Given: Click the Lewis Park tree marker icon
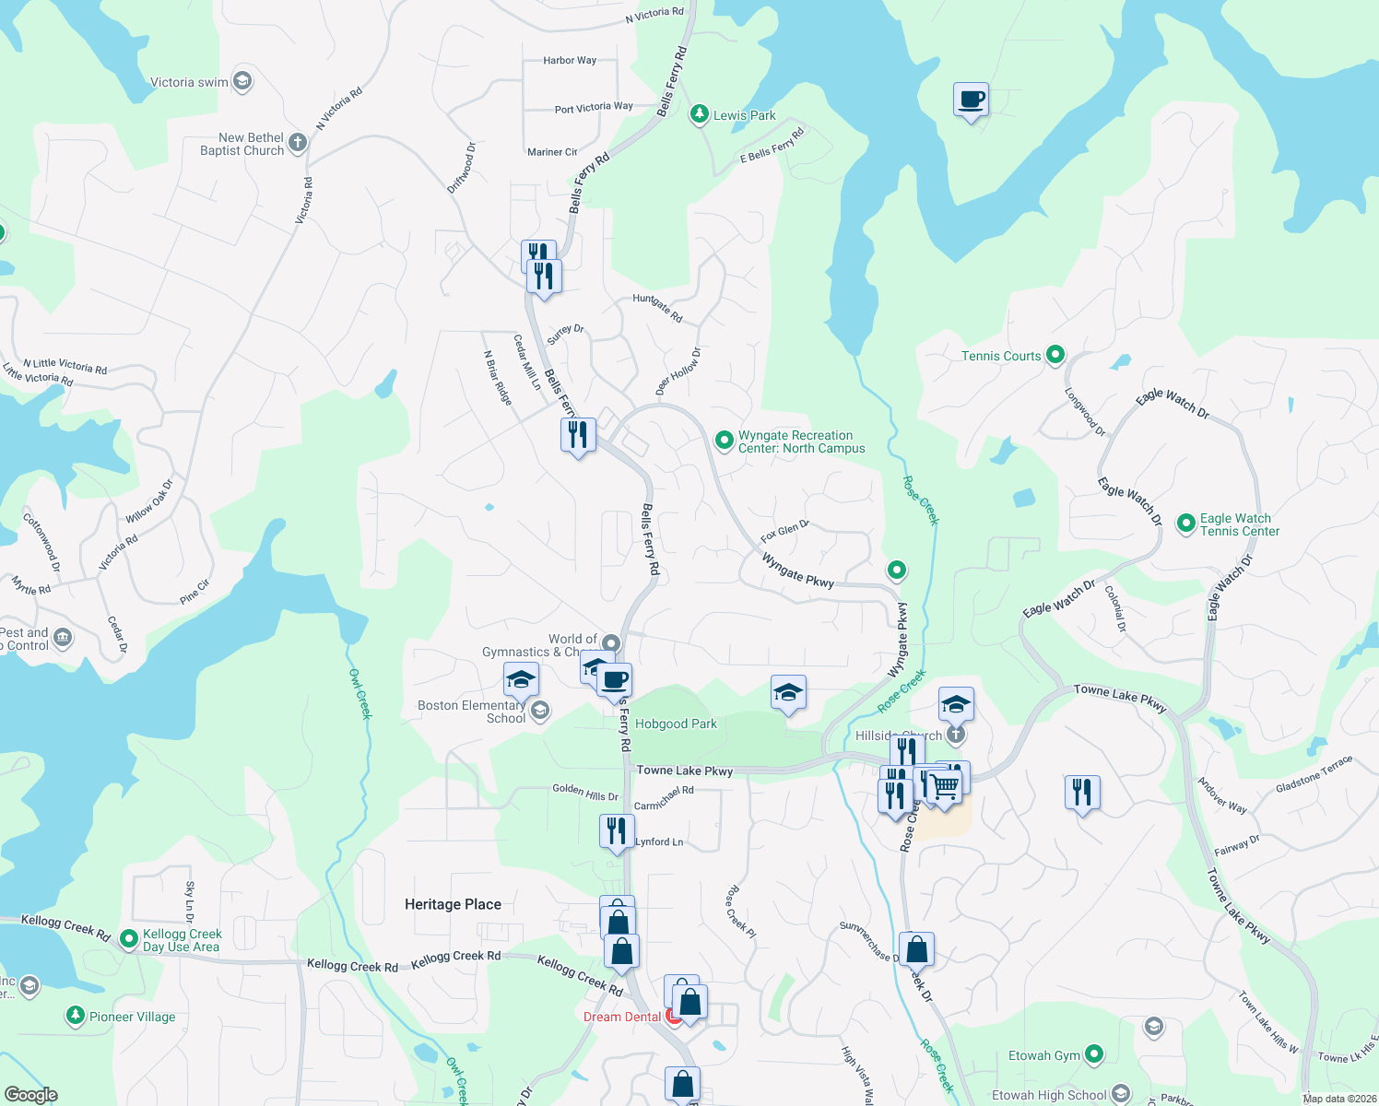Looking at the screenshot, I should (700, 114).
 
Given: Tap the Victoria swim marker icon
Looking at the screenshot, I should (242, 81).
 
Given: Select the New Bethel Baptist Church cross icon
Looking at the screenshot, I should (297, 143).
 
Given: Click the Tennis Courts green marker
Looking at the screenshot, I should (1056, 355).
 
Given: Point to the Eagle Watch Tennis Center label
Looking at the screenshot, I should (1239, 524).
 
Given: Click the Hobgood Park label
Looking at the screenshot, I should (676, 724).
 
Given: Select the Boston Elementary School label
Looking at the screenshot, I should (471, 712).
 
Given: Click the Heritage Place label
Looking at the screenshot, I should (453, 904).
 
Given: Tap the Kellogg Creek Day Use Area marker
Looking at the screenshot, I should (130, 939).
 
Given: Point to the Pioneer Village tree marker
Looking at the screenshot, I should (76, 1016).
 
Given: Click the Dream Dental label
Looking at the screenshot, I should (622, 1017).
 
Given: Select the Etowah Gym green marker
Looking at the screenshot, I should (1094, 1054).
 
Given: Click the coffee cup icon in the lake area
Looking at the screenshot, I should (971, 100).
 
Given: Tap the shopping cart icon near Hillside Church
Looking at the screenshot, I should (945, 786).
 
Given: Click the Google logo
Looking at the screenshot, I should (30, 1094).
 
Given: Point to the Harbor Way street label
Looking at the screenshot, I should (570, 60).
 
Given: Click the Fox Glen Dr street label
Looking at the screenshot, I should (784, 531).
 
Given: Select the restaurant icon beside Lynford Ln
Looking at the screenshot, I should (617, 830).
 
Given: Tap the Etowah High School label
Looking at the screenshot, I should (1049, 1095).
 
